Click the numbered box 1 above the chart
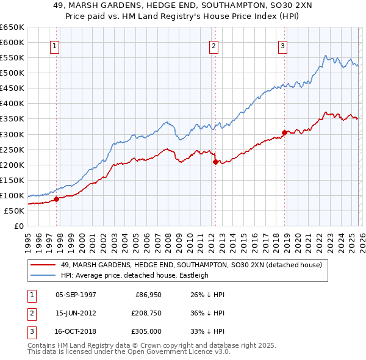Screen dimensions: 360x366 pos(55,46)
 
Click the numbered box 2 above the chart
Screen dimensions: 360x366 pos(214,46)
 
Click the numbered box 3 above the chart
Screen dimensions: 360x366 pos(283,46)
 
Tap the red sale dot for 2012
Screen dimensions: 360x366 pos(215,162)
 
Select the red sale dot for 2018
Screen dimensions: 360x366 pos(284,132)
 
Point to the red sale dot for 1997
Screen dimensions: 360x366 pos(56,198)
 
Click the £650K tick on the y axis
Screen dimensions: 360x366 pos(12,27)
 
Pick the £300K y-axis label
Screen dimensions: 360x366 pos(12,134)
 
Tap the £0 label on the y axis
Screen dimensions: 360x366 pos(18,226)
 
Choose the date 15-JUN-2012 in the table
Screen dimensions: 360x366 pos(76,313)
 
